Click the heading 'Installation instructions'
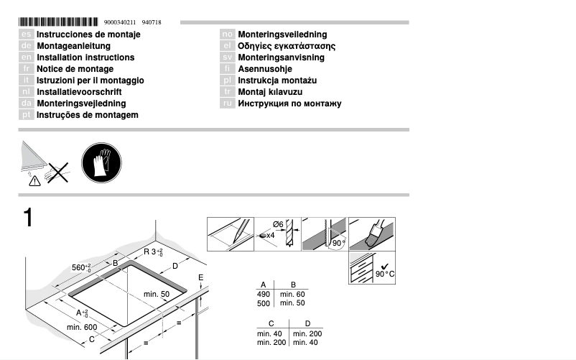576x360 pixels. (x=85, y=57)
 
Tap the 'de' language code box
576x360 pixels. (x=25, y=46)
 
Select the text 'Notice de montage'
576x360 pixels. (x=75, y=69)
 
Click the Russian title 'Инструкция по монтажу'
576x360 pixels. (x=289, y=103)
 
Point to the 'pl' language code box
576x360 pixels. (x=227, y=80)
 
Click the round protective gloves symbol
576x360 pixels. (x=101, y=162)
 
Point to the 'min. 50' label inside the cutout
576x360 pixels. (x=156, y=295)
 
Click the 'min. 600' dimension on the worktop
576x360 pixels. (x=81, y=328)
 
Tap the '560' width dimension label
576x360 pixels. (x=80, y=268)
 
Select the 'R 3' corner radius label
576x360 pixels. (x=153, y=252)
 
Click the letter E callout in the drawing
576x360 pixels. (x=201, y=277)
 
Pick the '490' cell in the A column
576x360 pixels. (x=264, y=295)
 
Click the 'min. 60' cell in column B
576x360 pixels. (x=292, y=295)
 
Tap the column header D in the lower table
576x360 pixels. (x=307, y=324)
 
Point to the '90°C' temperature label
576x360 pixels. (x=386, y=274)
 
